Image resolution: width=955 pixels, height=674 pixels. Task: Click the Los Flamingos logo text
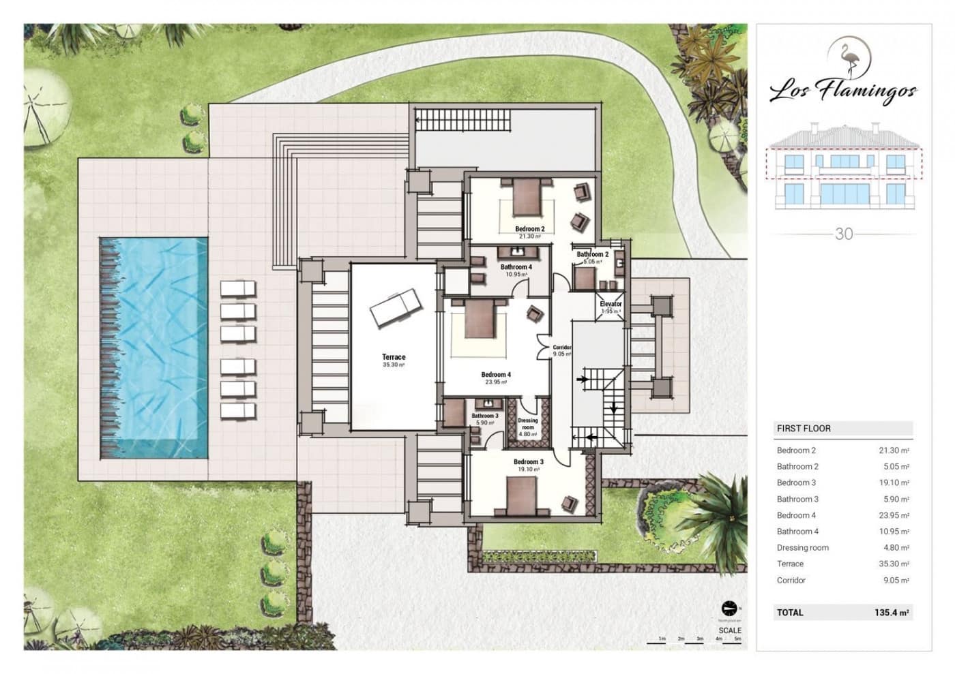(x=843, y=90)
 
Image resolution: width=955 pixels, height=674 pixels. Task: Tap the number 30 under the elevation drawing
(x=844, y=234)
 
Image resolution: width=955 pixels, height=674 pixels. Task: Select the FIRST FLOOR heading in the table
(x=804, y=429)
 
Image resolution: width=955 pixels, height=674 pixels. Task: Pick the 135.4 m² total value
(x=892, y=613)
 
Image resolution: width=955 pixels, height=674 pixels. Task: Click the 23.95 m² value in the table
(x=894, y=515)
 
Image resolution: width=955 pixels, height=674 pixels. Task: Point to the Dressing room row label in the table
(x=803, y=548)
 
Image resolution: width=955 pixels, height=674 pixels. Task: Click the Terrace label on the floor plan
(x=394, y=357)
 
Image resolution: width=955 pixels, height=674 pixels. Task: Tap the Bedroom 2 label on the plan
(x=529, y=229)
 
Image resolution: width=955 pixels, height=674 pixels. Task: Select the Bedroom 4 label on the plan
(x=496, y=375)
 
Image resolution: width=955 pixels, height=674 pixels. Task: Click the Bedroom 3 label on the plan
(x=529, y=462)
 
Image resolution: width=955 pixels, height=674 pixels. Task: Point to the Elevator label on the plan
(x=611, y=304)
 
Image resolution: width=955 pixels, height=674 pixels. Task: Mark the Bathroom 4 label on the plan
(x=516, y=267)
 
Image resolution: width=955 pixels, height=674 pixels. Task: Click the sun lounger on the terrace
(x=396, y=308)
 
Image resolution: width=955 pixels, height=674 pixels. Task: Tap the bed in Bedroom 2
(x=526, y=196)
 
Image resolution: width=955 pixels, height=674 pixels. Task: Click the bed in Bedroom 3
(x=522, y=495)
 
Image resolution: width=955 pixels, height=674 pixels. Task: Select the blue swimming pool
(x=154, y=348)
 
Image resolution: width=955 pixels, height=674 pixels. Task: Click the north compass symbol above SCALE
(x=729, y=608)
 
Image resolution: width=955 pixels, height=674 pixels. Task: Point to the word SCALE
(x=729, y=630)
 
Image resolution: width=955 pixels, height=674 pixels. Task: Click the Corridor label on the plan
(x=562, y=348)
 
